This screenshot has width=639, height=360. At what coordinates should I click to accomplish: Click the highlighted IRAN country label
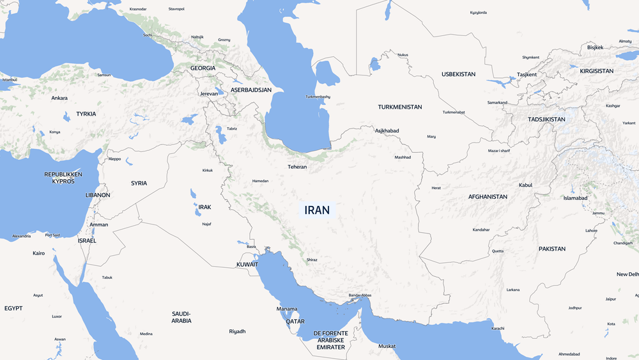point(318,210)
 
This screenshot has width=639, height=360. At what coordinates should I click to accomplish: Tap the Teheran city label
point(297,167)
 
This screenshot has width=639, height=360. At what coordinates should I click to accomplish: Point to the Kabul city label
point(525,185)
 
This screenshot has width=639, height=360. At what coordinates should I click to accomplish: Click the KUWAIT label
point(247,264)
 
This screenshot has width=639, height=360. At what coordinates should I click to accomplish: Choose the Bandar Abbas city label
point(360,295)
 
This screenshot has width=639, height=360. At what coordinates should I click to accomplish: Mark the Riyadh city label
point(237,331)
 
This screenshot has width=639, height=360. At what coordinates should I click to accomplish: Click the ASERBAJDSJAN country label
point(251,90)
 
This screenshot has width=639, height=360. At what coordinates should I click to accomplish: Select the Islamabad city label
point(575,198)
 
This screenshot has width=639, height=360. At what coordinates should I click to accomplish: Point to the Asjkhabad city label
point(387,130)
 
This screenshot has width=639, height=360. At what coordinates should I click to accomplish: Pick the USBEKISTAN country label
point(458,74)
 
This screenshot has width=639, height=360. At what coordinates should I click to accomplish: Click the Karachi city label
point(498,328)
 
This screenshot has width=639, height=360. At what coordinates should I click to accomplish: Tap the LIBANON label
point(98,195)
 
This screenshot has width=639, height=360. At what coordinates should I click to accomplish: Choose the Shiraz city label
point(312,260)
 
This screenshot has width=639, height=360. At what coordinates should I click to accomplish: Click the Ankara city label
point(59,98)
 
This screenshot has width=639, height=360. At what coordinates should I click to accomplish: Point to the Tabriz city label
point(232,129)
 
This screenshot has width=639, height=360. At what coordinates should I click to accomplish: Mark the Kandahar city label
point(481,230)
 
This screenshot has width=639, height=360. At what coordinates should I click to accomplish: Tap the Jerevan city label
point(209,93)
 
